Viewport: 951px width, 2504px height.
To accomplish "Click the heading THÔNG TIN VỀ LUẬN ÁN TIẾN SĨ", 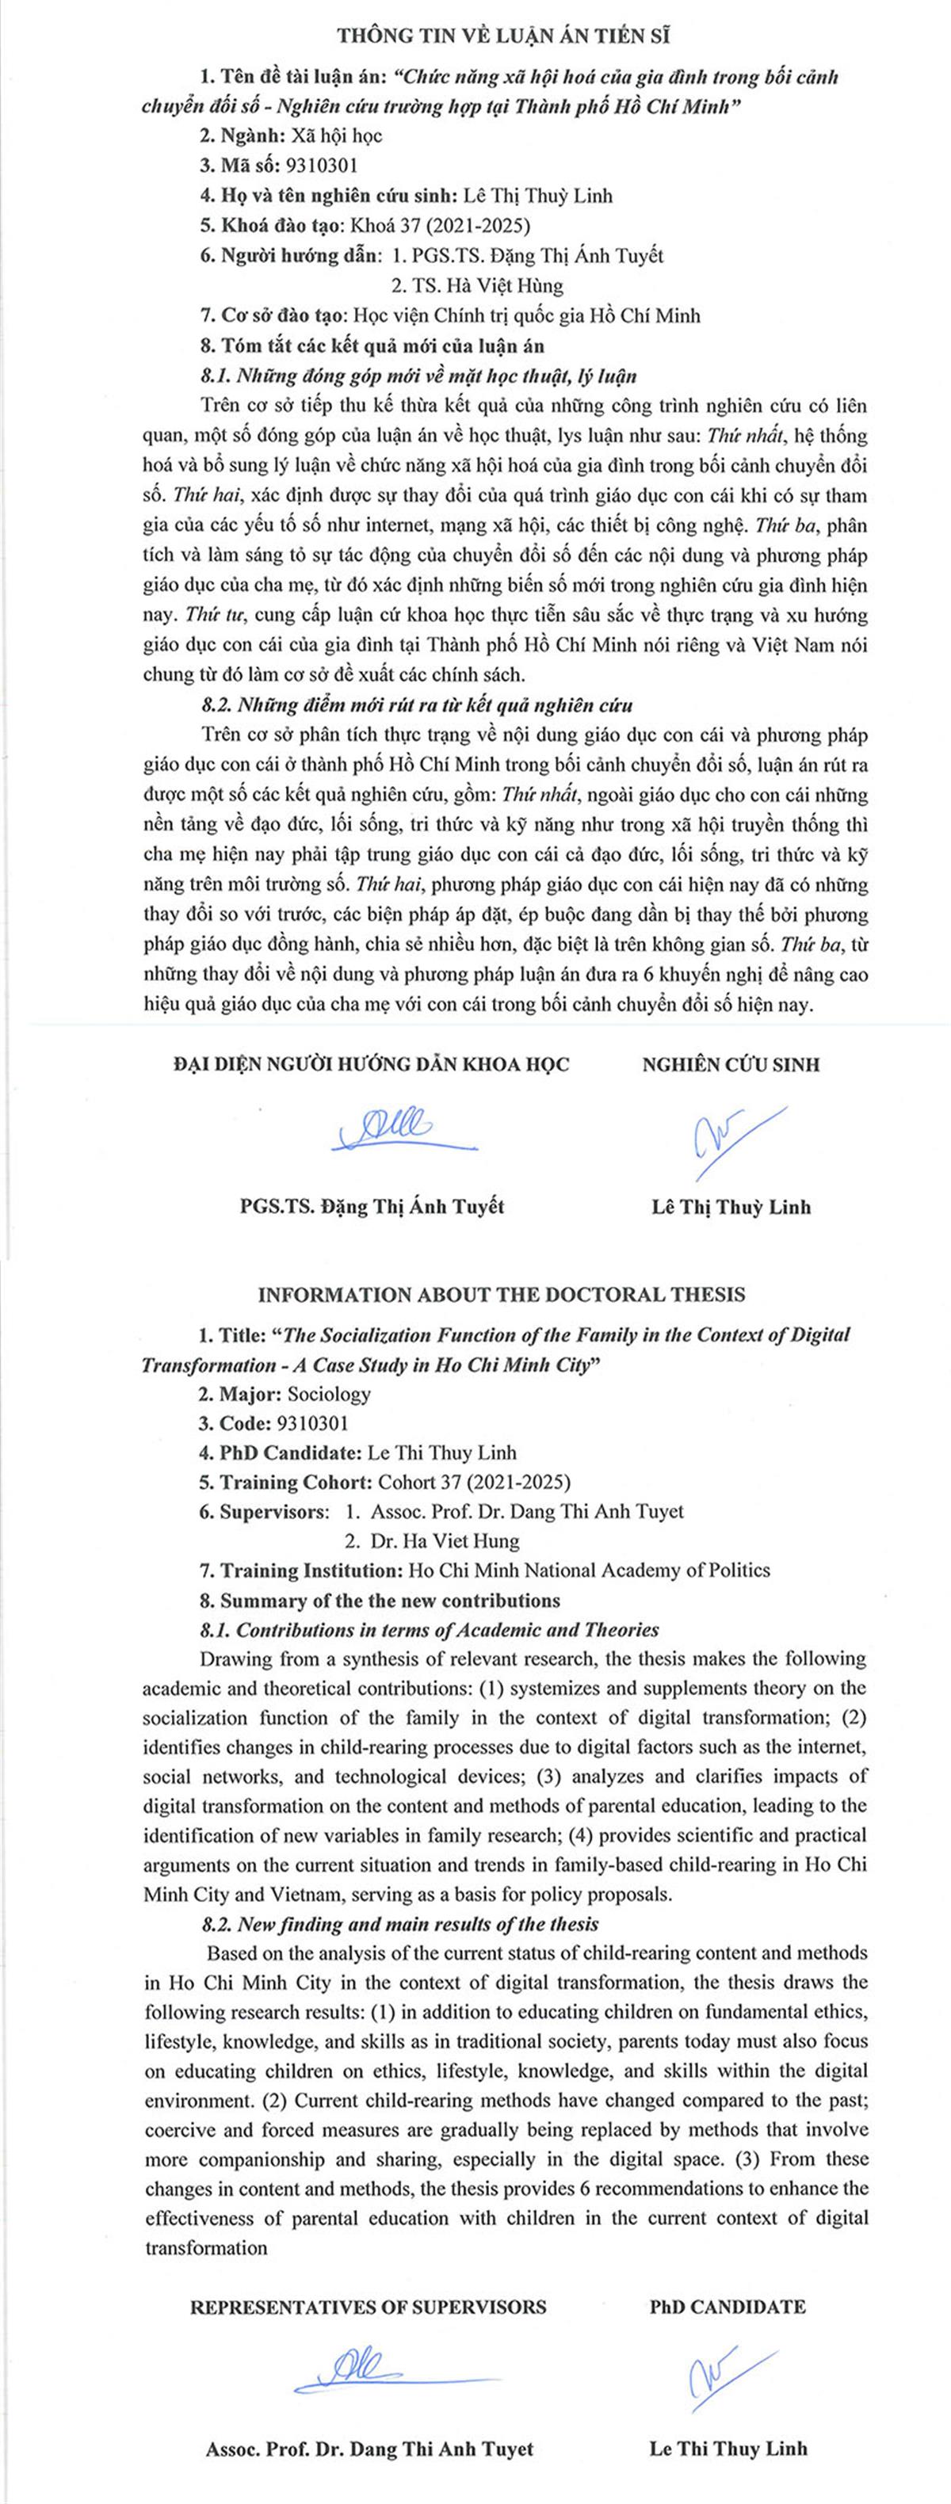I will click(x=504, y=36).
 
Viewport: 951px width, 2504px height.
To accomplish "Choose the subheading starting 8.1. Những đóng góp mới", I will click(x=418, y=376).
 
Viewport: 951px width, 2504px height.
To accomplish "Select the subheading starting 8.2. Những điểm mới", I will click(x=416, y=704).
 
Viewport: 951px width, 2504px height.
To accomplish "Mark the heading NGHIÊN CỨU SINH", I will click(x=730, y=1063).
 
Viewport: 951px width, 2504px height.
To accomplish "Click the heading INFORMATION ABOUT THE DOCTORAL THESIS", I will click(x=502, y=1295).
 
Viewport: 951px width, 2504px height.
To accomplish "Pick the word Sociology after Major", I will click(x=329, y=1394).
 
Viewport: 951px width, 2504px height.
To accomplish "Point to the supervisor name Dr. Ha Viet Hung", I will click(x=445, y=1540).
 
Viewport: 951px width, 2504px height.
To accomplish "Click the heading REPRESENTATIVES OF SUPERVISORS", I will click(x=368, y=2307).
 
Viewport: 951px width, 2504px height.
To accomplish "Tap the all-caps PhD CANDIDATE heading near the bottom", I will click(x=728, y=2307).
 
